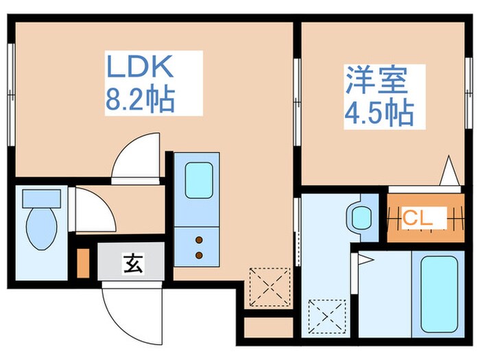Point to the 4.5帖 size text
[378, 112]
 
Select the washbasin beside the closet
[362, 216]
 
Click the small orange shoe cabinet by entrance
[83, 263]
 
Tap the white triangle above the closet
[450, 171]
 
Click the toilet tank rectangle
[41, 199]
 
